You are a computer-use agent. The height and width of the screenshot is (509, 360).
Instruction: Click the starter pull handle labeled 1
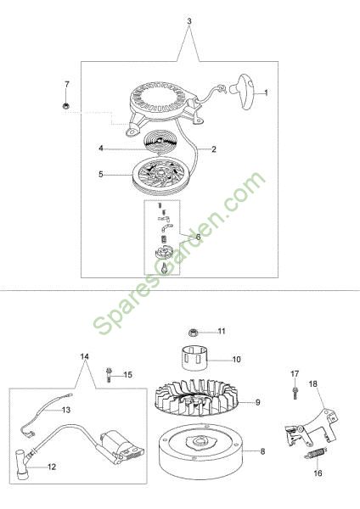point(243,88)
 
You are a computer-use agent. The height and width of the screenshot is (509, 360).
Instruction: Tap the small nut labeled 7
point(66,105)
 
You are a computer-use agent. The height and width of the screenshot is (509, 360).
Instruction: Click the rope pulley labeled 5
point(158,176)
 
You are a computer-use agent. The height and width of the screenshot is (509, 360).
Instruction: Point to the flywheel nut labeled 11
point(193,333)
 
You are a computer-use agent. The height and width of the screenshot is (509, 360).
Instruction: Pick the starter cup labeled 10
point(194,358)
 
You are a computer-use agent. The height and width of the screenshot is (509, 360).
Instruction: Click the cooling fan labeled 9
point(197,400)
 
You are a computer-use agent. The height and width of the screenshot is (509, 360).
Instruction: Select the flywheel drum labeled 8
point(200,451)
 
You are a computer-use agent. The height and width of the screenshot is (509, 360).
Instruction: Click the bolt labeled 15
point(109,375)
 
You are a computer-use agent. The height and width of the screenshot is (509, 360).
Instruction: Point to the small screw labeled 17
point(295,393)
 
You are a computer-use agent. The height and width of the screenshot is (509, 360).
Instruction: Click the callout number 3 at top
point(189,21)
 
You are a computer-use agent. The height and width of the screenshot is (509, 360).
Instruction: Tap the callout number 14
point(84,356)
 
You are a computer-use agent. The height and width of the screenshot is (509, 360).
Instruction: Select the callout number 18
point(313,384)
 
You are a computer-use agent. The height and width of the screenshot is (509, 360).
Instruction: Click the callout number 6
point(198,238)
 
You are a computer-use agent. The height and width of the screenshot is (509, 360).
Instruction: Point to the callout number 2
point(213,149)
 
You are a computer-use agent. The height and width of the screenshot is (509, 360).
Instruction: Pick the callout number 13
point(66,410)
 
